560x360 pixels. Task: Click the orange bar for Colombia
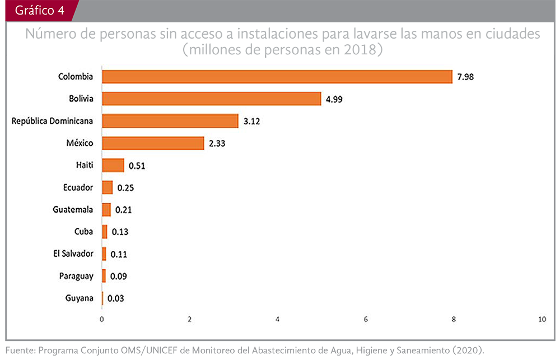(277, 77)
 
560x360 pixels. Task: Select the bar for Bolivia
(211, 99)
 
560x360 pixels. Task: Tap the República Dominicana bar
(170, 121)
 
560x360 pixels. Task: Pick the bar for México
(152, 143)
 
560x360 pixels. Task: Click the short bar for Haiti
(113, 165)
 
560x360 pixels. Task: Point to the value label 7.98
(465, 77)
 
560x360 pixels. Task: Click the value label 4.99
(334, 100)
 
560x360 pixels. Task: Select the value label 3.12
(251, 121)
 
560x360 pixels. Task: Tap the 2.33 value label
(217, 144)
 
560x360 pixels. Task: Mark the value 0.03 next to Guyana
(115, 298)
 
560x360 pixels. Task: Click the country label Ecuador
(78, 188)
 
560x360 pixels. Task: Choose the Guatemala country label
(73, 209)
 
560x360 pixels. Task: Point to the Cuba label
(83, 231)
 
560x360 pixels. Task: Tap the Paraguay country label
(76, 275)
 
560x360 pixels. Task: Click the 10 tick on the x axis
(542, 319)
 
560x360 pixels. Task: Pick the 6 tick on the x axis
(366, 319)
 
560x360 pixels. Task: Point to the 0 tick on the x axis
(102, 319)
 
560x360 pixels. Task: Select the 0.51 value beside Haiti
(137, 166)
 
